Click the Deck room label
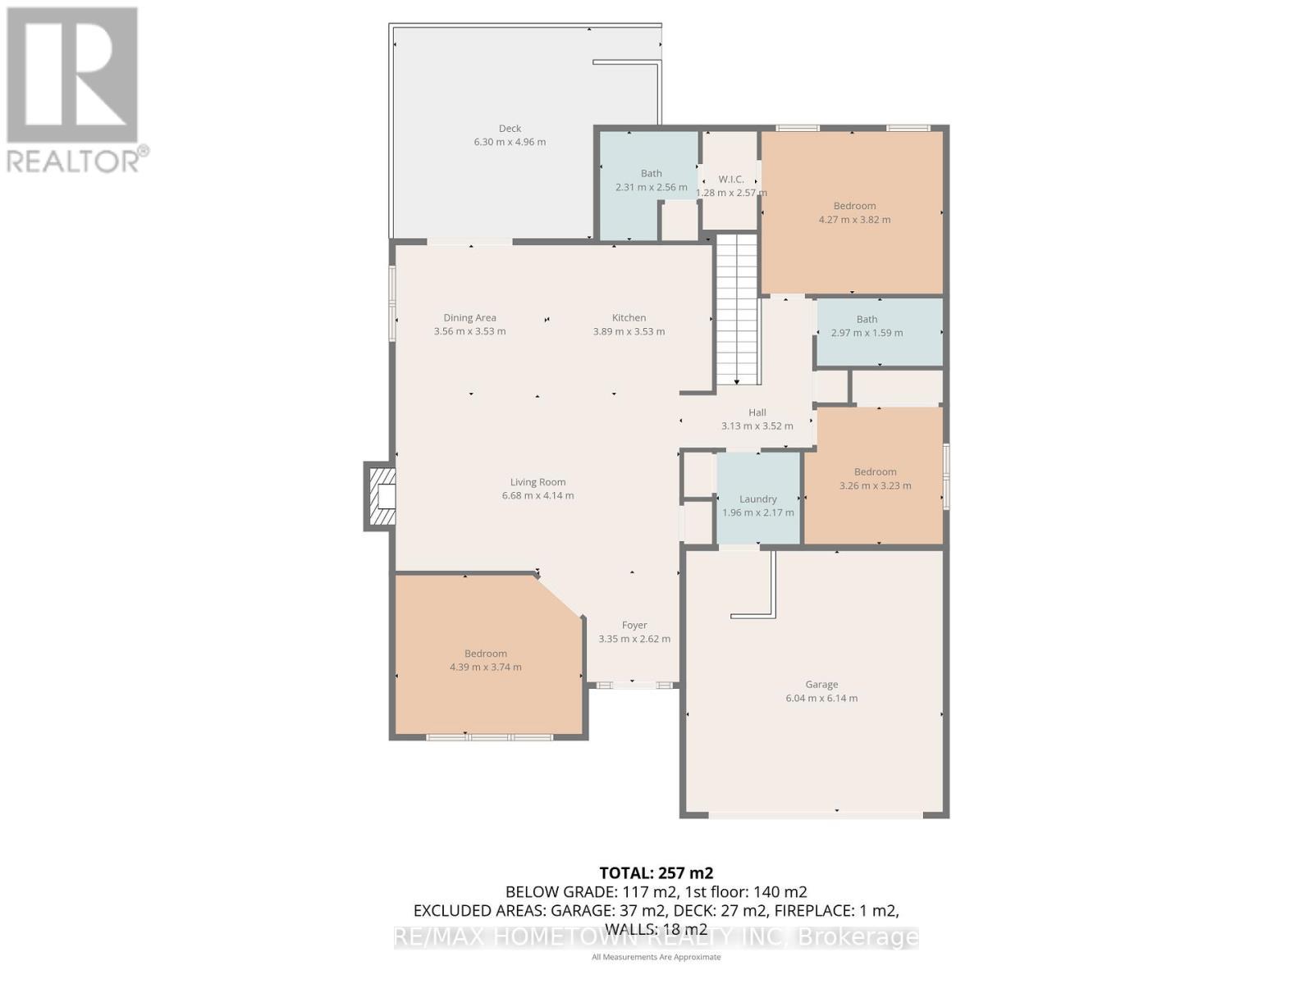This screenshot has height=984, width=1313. coord(510,129)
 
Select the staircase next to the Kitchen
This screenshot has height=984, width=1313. coord(737,308)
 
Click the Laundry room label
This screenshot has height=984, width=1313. coord(757,499)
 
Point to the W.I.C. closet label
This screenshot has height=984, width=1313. coord(730,180)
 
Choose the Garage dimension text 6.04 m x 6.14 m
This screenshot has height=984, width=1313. coord(821,699)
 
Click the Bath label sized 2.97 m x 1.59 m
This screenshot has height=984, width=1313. coord(867,320)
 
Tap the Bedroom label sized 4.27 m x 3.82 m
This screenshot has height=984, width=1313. coord(854,206)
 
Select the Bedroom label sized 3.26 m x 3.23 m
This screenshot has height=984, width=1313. coord(875,471)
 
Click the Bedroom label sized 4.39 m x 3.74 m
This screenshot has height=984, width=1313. coord(485,654)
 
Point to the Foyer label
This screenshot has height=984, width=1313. coord(634,625)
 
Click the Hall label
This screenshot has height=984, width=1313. coord(757,412)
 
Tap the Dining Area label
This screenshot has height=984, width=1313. coord(469,317)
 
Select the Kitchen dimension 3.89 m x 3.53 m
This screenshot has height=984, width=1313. coord(629,332)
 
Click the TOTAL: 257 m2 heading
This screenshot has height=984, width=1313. coord(656,872)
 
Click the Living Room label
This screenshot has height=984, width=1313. coord(538,482)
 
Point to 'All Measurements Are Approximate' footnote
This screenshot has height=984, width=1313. coord(656,957)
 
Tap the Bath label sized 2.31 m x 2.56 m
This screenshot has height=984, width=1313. coord(651,173)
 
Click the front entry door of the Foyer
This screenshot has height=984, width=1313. coord(633,685)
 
